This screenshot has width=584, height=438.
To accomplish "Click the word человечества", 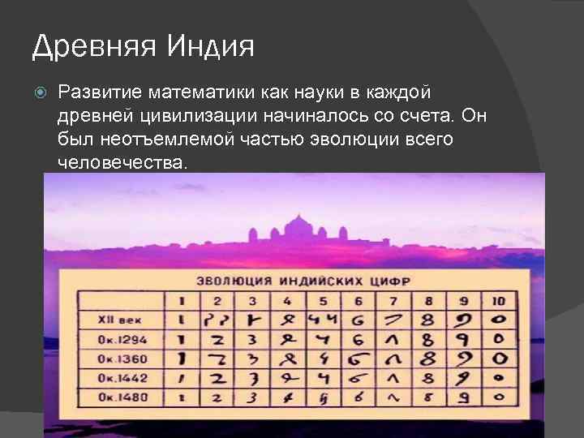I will (x=122, y=162).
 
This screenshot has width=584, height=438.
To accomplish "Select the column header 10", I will (x=500, y=302).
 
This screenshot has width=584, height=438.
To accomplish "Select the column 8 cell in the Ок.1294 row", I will (x=427, y=339).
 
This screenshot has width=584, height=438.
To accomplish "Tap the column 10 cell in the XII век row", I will (x=500, y=320).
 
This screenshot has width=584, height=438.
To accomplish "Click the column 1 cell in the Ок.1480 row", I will (x=182, y=397).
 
